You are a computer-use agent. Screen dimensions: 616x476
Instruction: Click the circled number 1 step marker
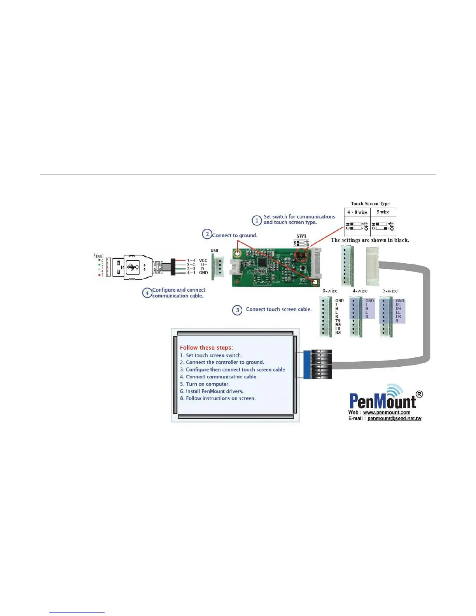click(257, 220)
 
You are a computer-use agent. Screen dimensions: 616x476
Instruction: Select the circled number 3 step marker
click(237, 310)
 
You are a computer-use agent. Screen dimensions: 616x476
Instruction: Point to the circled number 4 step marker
click(147, 293)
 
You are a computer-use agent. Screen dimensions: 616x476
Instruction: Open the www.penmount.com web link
click(387, 413)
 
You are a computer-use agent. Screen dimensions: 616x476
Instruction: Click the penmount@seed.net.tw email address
click(394, 418)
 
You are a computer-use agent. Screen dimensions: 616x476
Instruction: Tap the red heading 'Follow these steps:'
click(206, 348)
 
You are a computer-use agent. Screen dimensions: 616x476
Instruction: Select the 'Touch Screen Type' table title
click(370, 204)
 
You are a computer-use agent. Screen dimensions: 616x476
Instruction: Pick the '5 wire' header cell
click(383, 212)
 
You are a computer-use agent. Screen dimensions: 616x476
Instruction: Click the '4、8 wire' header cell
click(357, 212)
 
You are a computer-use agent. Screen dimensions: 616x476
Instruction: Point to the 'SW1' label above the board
click(301, 236)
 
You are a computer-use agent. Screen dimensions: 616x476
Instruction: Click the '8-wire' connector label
click(330, 291)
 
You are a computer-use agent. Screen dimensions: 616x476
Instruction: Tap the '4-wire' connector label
click(360, 291)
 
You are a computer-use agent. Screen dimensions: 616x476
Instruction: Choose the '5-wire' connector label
click(390, 291)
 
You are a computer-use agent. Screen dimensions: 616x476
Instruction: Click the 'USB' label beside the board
click(214, 250)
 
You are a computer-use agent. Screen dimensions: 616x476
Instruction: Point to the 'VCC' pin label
click(203, 261)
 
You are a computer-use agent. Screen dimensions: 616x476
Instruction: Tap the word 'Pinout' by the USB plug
click(98, 256)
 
